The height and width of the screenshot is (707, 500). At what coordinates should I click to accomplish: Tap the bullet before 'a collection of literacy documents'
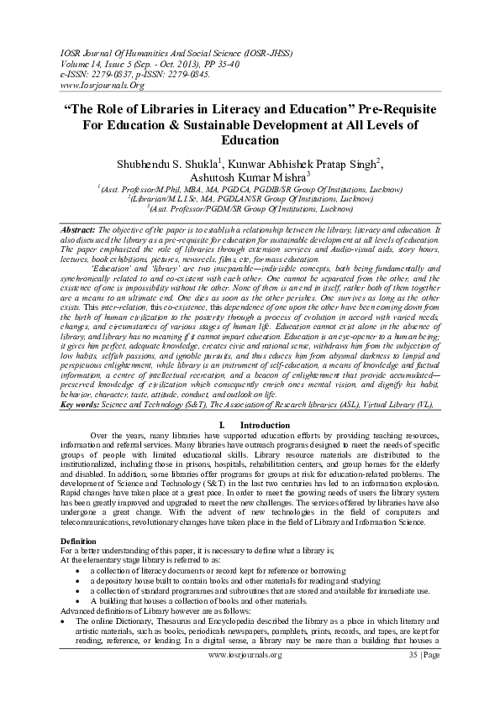pyautogui.click(x=77, y=569)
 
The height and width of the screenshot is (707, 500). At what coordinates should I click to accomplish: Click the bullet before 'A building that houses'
pyautogui.click(x=77, y=602)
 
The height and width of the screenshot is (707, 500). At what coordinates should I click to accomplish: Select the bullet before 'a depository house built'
pyautogui.click(x=77, y=580)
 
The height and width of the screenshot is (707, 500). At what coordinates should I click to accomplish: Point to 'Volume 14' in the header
pyautogui.click(x=85, y=62)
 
